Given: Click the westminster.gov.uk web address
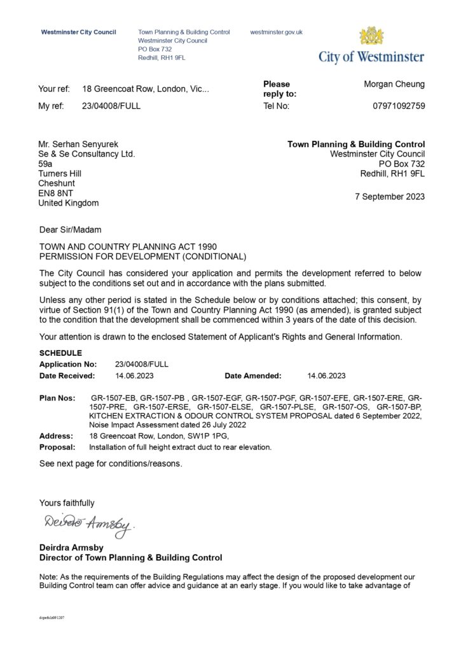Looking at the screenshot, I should tap(277, 32).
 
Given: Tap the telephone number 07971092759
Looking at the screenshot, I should tap(399, 106).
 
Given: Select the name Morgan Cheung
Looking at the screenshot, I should tap(394, 84).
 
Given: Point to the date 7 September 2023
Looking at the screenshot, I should tap(390, 197).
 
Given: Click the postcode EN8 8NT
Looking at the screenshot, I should tap(57, 193).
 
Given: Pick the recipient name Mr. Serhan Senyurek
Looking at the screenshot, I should tap(79, 145).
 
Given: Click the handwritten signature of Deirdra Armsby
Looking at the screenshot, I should tap(86, 524).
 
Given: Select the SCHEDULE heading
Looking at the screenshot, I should tap(60, 353).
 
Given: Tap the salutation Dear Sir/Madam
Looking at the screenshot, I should tap(70, 230).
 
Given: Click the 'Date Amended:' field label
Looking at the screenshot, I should tap(252, 376).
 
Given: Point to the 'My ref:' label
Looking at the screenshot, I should tap(52, 106).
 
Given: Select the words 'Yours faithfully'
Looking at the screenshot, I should tap(67, 503).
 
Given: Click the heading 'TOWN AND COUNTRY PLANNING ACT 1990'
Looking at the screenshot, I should tap(120, 246).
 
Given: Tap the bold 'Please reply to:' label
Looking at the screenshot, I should tap(279, 89).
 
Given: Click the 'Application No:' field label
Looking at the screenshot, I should tap(68, 364).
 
